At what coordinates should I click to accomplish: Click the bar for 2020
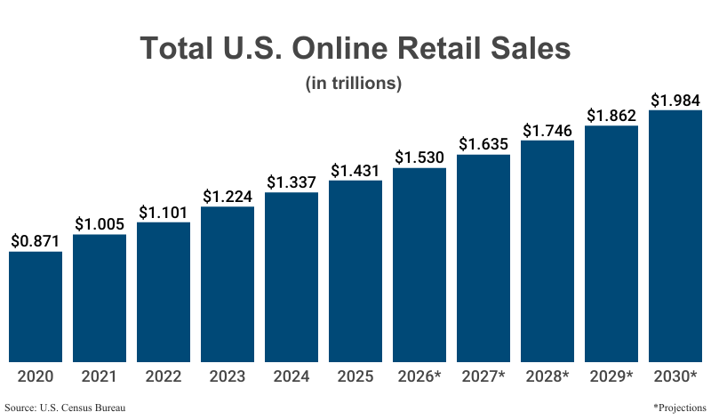[x=36, y=306]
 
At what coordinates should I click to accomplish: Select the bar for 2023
[x=228, y=284]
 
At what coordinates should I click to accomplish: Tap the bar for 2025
[x=355, y=271]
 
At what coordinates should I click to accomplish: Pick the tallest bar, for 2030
[x=675, y=236]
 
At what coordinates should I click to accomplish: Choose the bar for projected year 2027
[x=483, y=258]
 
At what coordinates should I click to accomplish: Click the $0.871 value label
[x=36, y=241]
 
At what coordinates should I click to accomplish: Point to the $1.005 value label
[x=100, y=224]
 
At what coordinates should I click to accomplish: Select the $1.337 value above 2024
[x=292, y=182]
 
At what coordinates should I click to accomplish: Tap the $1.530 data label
[x=419, y=157]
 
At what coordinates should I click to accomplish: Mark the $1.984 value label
[x=675, y=100]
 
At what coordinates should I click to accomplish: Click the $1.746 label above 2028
[x=547, y=130]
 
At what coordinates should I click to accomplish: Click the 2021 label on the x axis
[x=100, y=376]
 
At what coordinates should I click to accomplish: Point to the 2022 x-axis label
[x=164, y=376]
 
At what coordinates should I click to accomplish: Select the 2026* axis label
[x=419, y=376]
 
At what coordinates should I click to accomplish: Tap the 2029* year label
[x=611, y=376]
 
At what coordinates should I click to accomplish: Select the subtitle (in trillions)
[x=355, y=84]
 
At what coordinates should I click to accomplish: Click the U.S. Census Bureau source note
[x=64, y=408]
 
